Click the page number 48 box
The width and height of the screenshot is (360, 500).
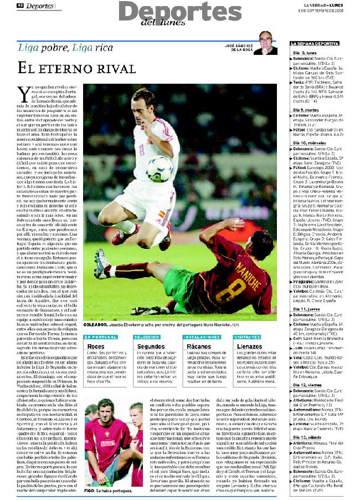coord(19,5)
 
